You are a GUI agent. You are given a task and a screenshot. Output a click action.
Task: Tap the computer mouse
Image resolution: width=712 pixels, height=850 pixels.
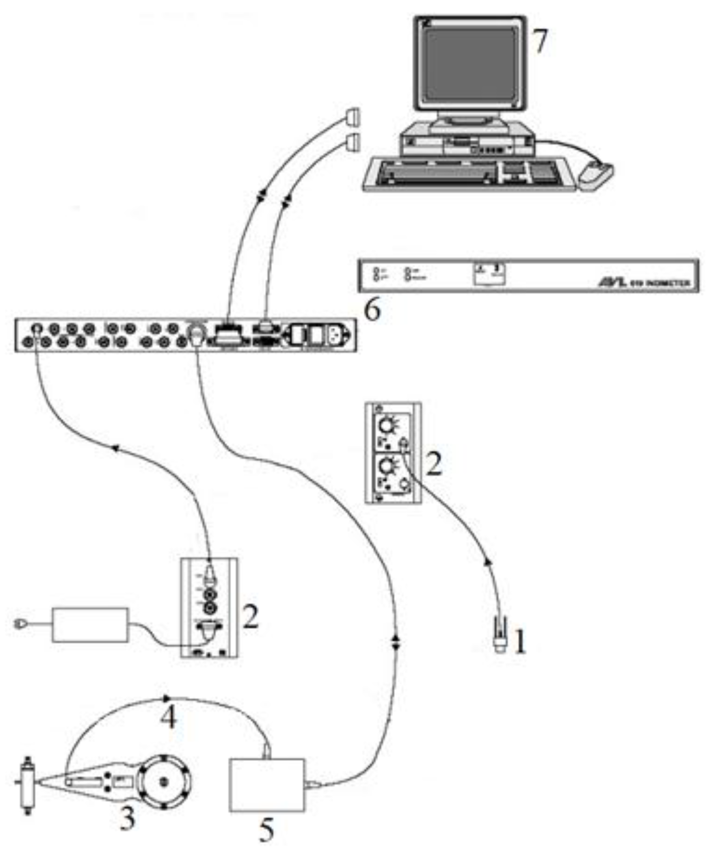click(596, 176)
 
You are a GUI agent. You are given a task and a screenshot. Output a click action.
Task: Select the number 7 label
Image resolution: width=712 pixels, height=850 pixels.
click(540, 41)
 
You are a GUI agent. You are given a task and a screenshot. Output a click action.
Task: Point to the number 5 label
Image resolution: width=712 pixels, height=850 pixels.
click(267, 830)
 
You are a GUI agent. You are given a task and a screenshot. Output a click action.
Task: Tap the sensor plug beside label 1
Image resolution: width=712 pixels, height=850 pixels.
click(499, 636)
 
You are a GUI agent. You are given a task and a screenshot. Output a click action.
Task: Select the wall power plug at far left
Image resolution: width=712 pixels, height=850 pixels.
click(20, 624)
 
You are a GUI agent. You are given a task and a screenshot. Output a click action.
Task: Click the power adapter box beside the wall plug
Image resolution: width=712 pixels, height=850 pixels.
click(90, 625)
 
